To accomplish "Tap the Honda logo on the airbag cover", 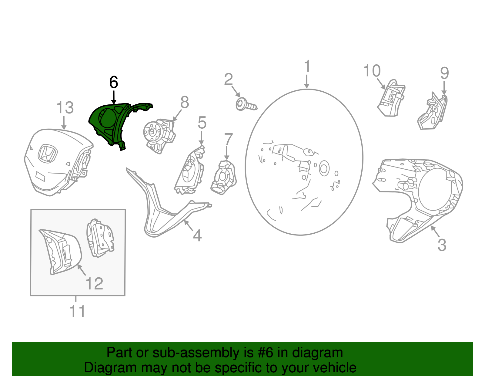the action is tap(47, 154).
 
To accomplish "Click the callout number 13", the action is tap(65, 108).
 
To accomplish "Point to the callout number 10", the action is tap(372, 71).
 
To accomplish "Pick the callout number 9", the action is tap(444, 73).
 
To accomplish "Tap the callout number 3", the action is tap(442, 245).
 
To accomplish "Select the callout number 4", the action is tap(197, 235).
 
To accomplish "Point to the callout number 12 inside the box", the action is tap(94, 283).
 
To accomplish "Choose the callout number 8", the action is tap(185, 102).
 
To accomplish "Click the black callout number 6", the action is tap(113, 82).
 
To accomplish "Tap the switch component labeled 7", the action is tap(223, 177).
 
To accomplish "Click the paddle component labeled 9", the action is tap(432, 111).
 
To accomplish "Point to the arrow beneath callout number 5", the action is tap(201, 138).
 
